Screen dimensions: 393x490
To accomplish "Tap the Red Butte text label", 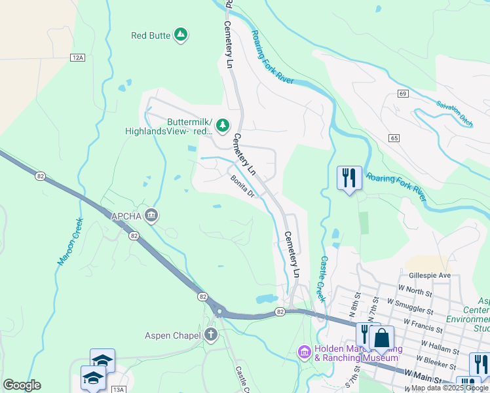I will [151, 35].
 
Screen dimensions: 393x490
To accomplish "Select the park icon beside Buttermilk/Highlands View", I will [223, 124].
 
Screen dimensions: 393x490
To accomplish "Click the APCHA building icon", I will [151, 215].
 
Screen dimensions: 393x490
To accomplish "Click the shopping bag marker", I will [381, 339].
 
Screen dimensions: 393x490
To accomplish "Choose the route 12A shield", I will [78, 58].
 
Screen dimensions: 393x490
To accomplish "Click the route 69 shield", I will [402, 94].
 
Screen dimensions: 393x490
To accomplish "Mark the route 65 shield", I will [394, 138].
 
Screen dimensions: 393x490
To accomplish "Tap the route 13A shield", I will [118, 390].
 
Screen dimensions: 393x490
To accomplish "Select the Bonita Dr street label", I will [241, 187].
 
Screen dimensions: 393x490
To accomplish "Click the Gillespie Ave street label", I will [429, 276].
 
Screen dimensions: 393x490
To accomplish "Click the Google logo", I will [22, 385].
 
